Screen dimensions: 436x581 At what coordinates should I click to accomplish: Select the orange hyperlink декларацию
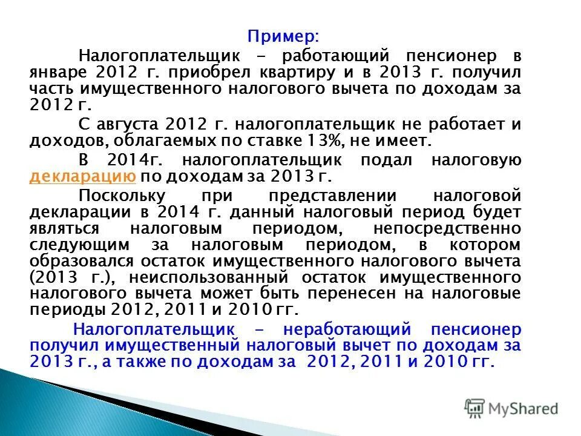click(81, 177)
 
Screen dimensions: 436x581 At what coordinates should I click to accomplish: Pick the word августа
click(128, 125)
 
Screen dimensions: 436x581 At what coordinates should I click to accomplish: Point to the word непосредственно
click(447, 229)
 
